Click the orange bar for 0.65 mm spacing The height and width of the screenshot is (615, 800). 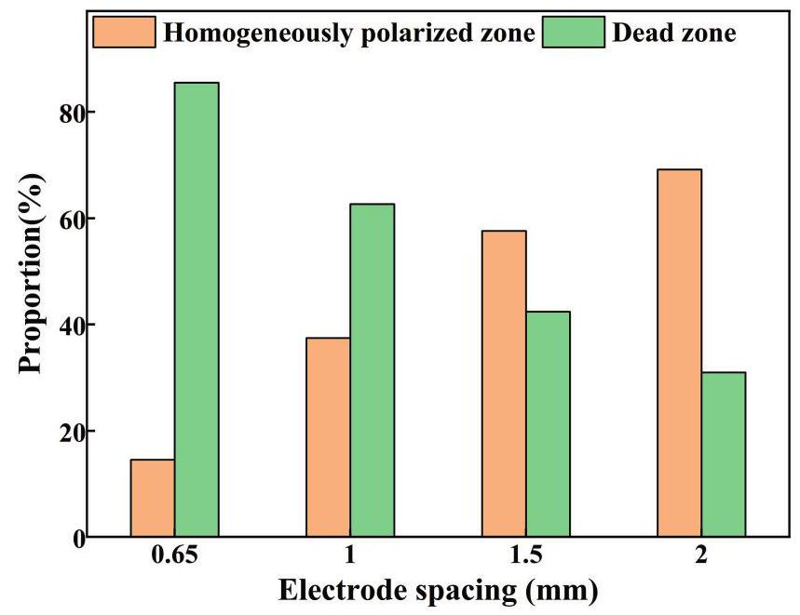coord(153,498)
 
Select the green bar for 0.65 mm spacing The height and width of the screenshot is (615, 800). coord(197,310)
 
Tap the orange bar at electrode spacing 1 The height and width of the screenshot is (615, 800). coord(328,437)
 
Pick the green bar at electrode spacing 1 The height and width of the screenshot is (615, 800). coord(372,370)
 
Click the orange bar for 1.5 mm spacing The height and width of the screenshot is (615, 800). coord(504,383)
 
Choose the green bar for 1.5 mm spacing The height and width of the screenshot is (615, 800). coord(548,424)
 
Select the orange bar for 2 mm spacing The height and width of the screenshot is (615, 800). coord(679,353)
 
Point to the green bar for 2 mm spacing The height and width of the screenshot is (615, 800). coord(724,454)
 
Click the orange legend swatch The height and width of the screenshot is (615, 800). coord(125,33)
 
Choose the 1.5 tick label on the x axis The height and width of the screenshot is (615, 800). coord(525,557)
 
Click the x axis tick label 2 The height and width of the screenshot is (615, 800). coord(701,557)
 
